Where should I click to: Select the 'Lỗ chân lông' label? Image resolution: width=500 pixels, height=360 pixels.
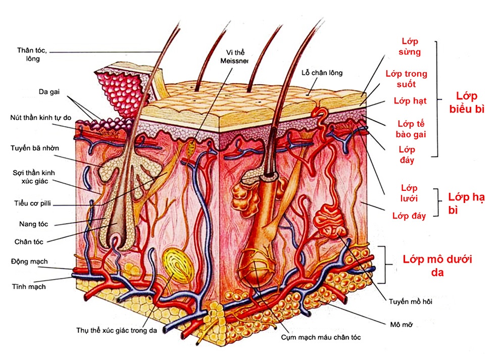click(x=322, y=73)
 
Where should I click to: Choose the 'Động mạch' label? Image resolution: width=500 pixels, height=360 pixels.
click(x=29, y=261)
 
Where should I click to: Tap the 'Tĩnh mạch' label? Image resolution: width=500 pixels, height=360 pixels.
click(x=29, y=286)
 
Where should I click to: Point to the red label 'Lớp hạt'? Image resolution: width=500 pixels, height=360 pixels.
click(x=410, y=100)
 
